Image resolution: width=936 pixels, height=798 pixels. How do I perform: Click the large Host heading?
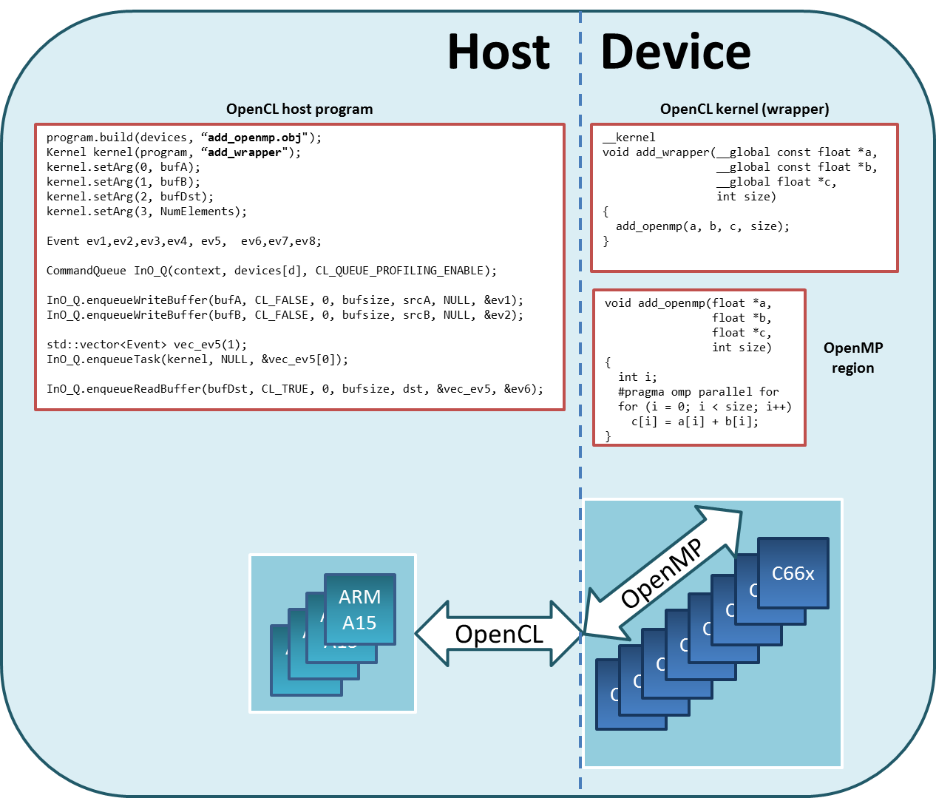click(x=498, y=52)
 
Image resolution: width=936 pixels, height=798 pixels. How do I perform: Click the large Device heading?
click(x=676, y=52)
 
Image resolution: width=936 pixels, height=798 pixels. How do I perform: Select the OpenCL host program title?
click(x=299, y=109)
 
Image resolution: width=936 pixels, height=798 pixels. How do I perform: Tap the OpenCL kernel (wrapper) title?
click(x=745, y=109)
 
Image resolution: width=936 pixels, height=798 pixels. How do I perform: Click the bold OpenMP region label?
click(x=853, y=358)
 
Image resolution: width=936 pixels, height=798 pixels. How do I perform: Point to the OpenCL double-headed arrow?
click(x=498, y=634)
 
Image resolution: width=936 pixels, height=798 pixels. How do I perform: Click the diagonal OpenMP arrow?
click(x=662, y=573)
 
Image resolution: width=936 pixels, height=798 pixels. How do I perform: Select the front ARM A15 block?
click(x=360, y=609)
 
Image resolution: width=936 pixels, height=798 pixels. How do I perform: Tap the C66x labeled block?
click(x=793, y=573)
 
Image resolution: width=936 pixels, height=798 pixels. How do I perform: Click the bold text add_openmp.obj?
click(x=254, y=138)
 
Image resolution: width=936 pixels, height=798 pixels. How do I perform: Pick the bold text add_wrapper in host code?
click(x=245, y=152)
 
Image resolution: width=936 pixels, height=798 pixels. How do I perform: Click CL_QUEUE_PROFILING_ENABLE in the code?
click(x=400, y=271)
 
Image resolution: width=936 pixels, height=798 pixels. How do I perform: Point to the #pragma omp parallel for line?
click(x=698, y=392)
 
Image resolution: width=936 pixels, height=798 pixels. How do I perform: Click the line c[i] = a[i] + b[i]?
click(x=695, y=422)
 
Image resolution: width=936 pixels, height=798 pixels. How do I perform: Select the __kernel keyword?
click(x=629, y=138)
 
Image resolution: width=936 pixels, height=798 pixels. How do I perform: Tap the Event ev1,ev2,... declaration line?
click(x=184, y=241)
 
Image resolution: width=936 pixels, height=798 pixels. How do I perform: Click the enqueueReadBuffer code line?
click(x=295, y=389)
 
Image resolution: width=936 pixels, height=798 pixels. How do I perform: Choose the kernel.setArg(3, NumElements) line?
click(x=146, y=212)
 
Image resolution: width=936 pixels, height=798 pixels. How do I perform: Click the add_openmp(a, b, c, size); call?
click(x=702, y=226)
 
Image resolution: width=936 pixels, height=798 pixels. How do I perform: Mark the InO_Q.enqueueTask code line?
click(x=197, y=359)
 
